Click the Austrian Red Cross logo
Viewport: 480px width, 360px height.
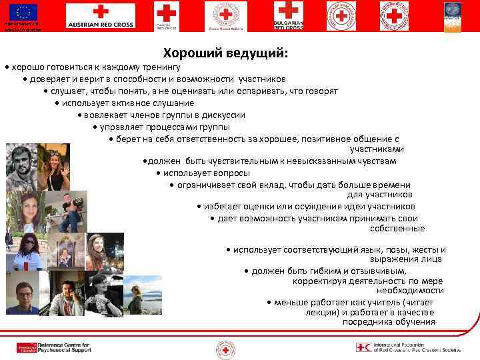(x=99, y=17)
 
